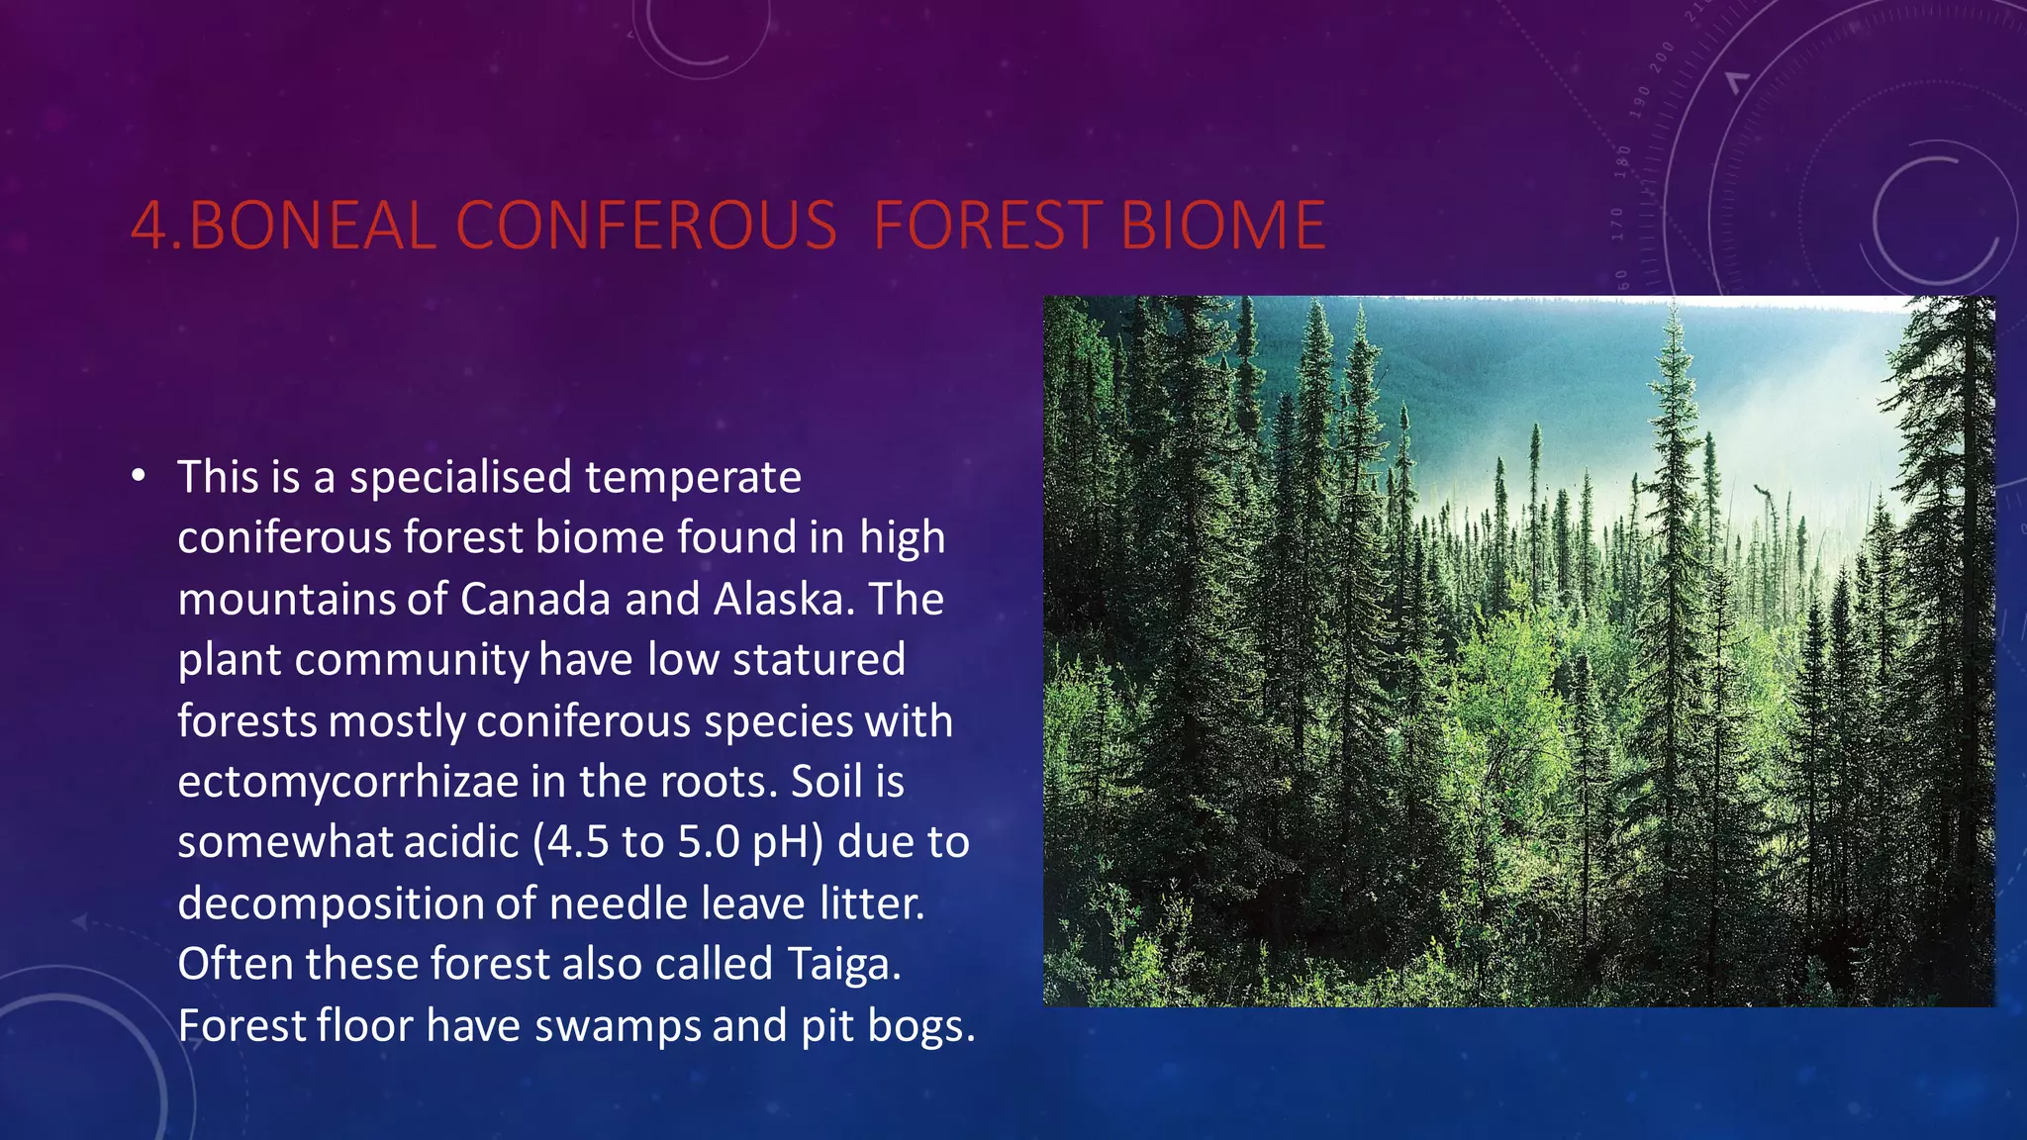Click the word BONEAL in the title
(x=312, y=226)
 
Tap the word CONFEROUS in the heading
(x=646, y=226)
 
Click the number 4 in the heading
(x=149, y=226)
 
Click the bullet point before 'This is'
(x=139, y=478)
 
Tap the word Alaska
(x=779, y=600)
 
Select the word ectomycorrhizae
(x=348, y=782)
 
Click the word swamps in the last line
(x=619, y=1026)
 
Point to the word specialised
(x=460, y=478)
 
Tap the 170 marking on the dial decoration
(x=1617, y=224)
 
